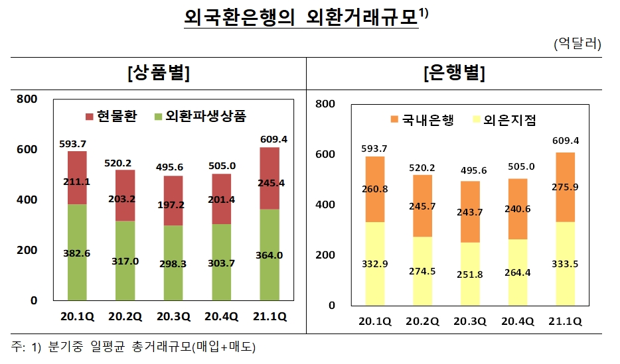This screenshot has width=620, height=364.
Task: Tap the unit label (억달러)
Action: (576, 44)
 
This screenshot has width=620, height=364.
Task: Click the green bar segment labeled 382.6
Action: (77, 252)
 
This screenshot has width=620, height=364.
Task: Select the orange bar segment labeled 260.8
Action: (375, 189)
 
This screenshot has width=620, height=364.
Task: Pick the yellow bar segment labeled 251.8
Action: (470, 274)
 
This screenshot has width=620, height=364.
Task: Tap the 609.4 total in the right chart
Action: (565, 141)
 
